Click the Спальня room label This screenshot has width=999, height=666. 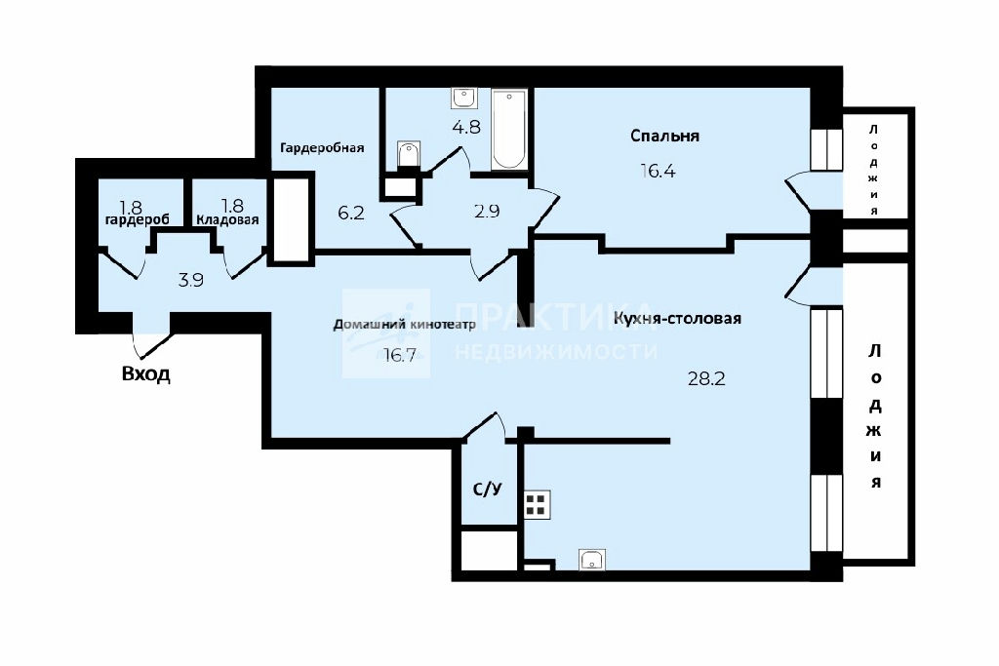[664, 136]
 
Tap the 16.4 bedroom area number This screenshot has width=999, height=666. [658, 171]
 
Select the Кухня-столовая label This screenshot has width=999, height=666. [677, 318]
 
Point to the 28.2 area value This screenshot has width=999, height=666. [706, 379]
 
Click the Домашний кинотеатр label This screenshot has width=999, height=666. [405, 325]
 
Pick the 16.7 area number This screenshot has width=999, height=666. [399, 355]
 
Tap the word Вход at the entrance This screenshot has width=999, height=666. [146, 373]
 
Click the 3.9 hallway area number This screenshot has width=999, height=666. [190, 280]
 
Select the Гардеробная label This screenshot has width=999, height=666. [322, 147]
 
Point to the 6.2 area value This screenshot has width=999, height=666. [351, 212]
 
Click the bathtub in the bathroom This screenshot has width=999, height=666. [509, 130]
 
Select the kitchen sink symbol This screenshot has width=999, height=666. [592, 560]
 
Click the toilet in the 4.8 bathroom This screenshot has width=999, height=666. [409, 155]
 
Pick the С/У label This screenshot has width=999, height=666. [488, 489]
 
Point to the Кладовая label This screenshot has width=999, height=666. [227, 219]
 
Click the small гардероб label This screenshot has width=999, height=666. [137, 219]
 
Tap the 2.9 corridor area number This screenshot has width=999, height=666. [487, 211]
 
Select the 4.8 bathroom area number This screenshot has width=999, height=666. [466, 127]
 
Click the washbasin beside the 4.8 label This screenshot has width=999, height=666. [463, 98]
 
